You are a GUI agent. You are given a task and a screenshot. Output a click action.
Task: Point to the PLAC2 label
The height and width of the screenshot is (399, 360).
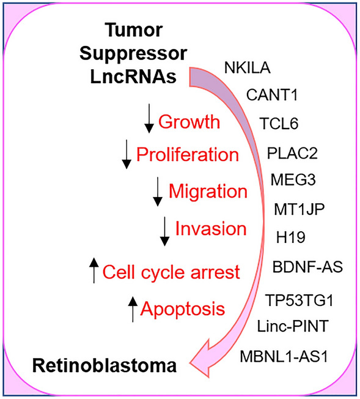292,152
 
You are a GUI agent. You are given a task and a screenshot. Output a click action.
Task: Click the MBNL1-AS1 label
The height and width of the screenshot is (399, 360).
292,356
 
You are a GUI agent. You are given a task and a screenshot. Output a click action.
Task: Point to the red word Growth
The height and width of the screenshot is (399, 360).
189,122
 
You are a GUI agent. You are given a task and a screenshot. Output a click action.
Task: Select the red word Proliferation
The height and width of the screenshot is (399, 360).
187,155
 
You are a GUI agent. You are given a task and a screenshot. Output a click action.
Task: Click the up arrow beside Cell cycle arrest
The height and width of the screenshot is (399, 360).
93,270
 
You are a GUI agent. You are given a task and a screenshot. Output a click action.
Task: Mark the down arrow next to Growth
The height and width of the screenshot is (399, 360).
149,119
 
